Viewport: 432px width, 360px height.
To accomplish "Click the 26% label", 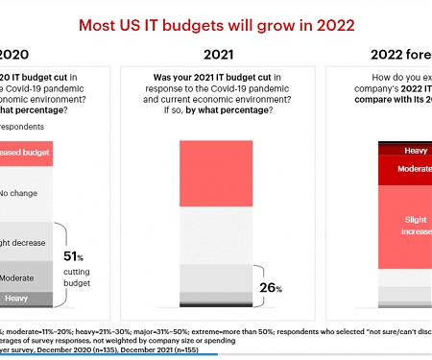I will pyautogui.click(x=270, y=288).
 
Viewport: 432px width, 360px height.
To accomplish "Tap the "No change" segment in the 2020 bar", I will pyautogui.click(x=24, y=193).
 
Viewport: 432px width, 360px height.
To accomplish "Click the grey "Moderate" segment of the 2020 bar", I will pyautogui.click(x=24, y=277).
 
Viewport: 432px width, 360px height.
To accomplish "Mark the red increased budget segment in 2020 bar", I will pyautogui.click(x=24, y=153).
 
